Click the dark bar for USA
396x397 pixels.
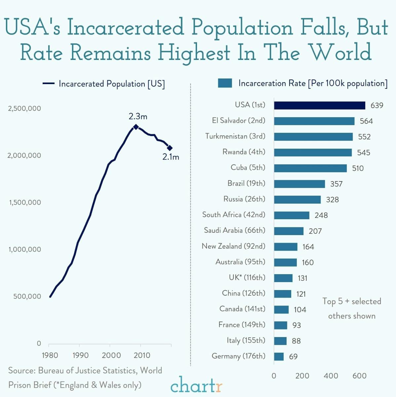pyautogui.click(x=319, y=105)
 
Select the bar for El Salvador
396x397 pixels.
pyautogui.click(x=314, y=121)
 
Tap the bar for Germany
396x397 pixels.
pyautogui.click(x=279, y=357)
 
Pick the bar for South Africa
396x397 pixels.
pyautogui.click(x=292, y=215)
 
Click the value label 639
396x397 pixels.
pyautogui.click(x=377, y=106)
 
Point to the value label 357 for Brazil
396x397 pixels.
pyautogui.click(x=336, y=184)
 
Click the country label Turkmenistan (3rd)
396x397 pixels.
pyautogui.click(x=235, y=136)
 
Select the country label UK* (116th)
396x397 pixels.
pyautogui.click(x=247, y=277)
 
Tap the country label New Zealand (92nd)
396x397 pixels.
pyautogui.click(x=233, y=246)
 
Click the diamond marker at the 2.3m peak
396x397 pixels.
pyautogui.click(x=136, y=127)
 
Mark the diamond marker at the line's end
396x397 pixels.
pyautogui.click(x=170, y=148)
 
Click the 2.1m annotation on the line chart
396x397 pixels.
pyautogui.click(x=171, y=157)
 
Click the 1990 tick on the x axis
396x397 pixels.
pyautogui.click(x=80, y=355)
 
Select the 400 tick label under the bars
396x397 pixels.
pyautogui.click(x=331, y=375)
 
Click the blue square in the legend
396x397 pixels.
pyautogui.click(x=225, y=83)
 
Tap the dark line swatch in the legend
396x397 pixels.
pyautogui.click(x=48, y=84)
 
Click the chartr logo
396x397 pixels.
pyautogui.click(x=196, y=385)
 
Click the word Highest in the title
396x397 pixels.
pyautogui.click(x=194, y=53)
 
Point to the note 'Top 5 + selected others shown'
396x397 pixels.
pyautogui.click(x=352, y=308)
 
